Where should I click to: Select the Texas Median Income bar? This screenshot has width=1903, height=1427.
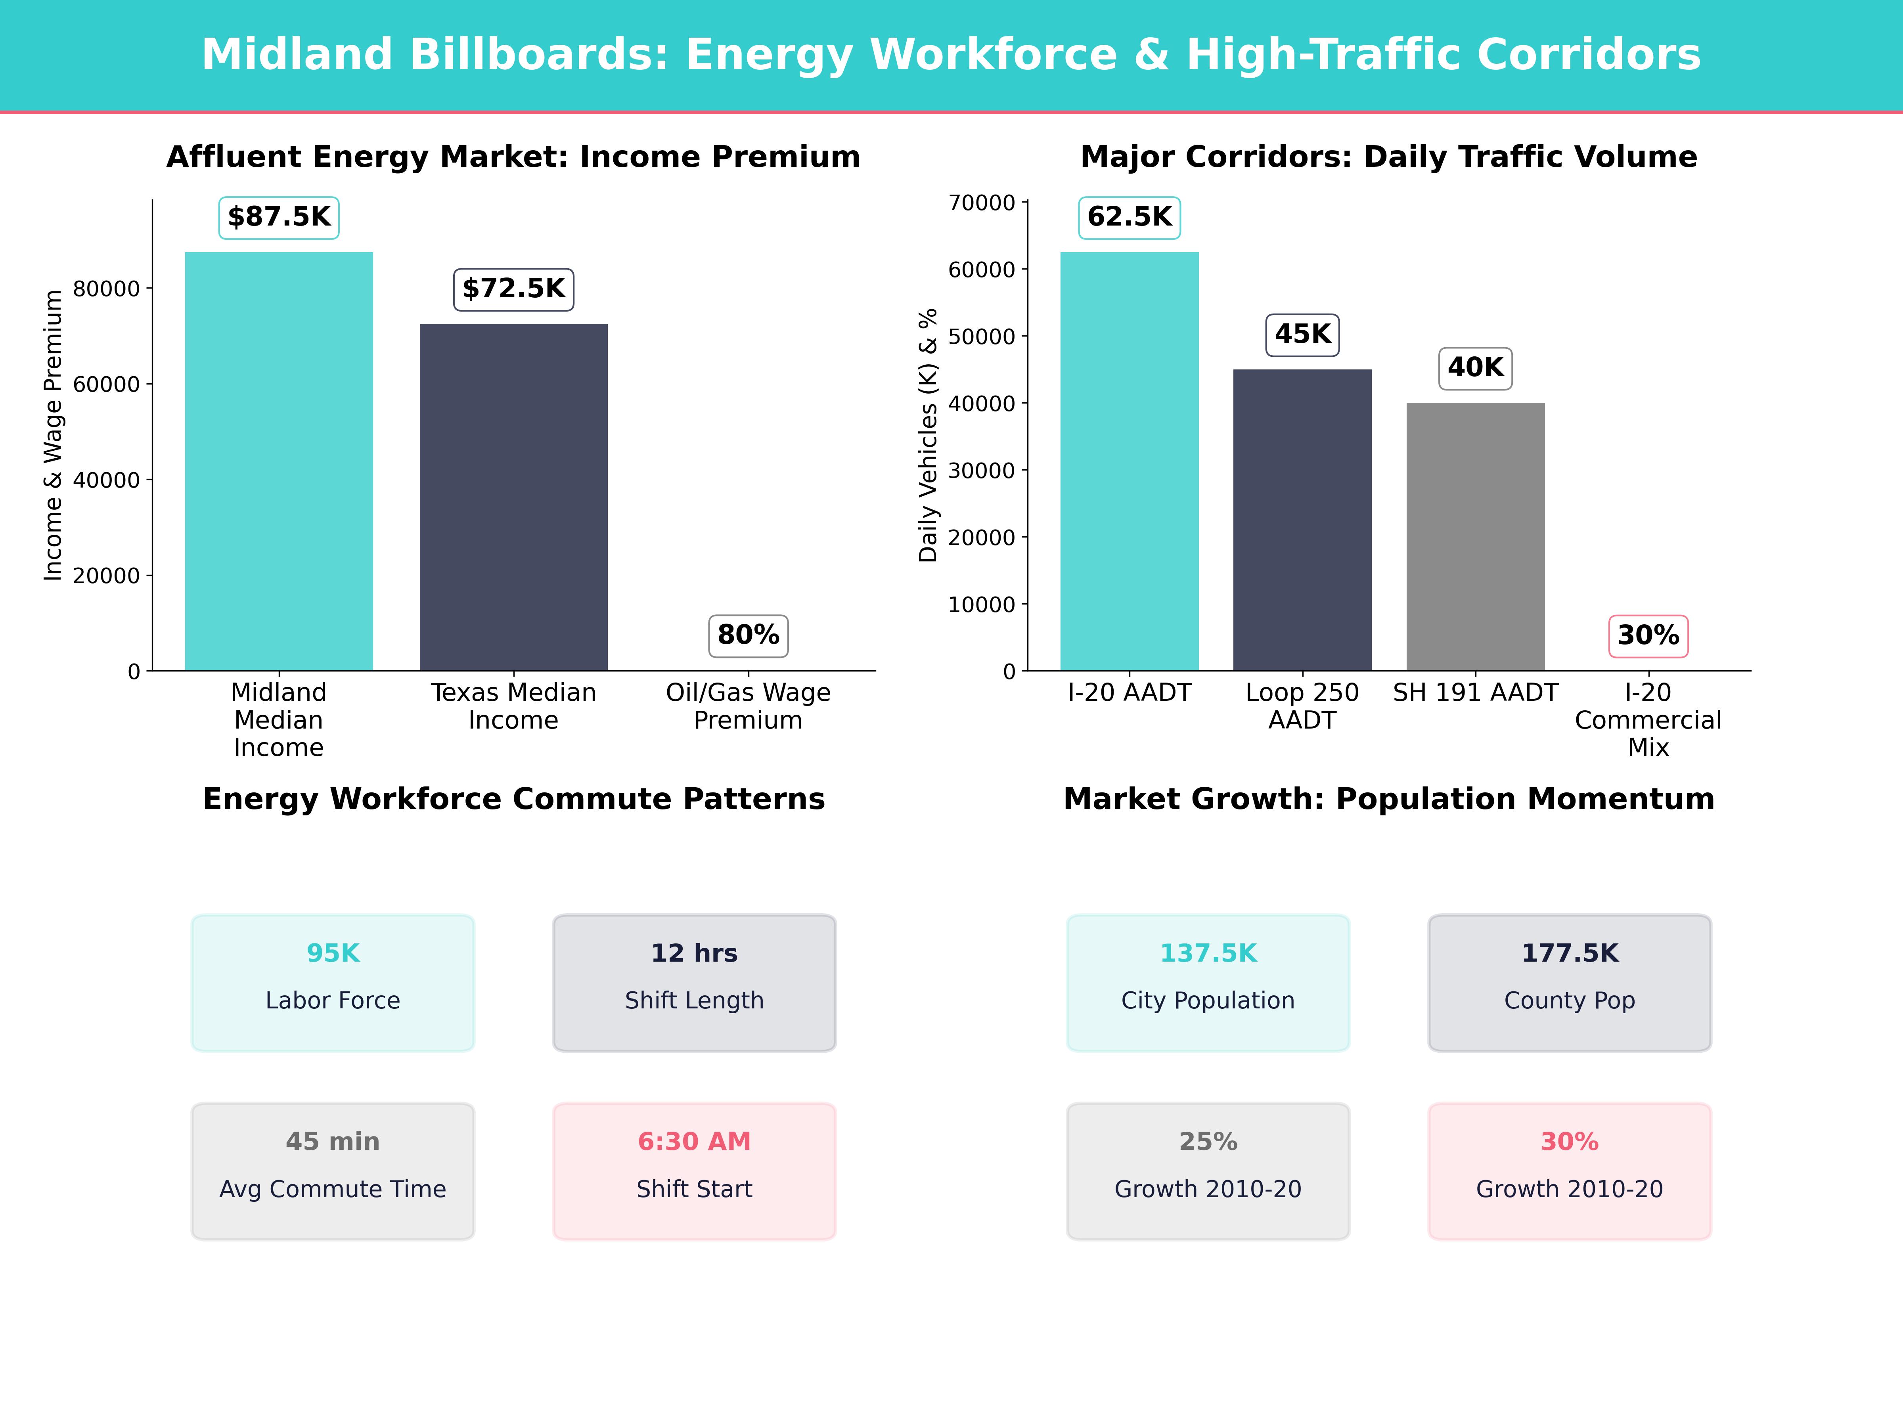pos(513,497)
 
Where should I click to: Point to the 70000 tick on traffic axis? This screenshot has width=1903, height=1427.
pos(982,203)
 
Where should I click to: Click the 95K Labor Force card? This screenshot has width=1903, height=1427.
pos(333,982)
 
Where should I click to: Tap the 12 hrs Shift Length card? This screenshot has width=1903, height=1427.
pos(694,982)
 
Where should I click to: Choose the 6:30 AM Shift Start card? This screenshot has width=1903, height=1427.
pos(694,1171)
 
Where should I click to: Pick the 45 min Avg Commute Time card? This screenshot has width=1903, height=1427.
pos(333,1171)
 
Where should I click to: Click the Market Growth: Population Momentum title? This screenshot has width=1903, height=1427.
pos(1388,799)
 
